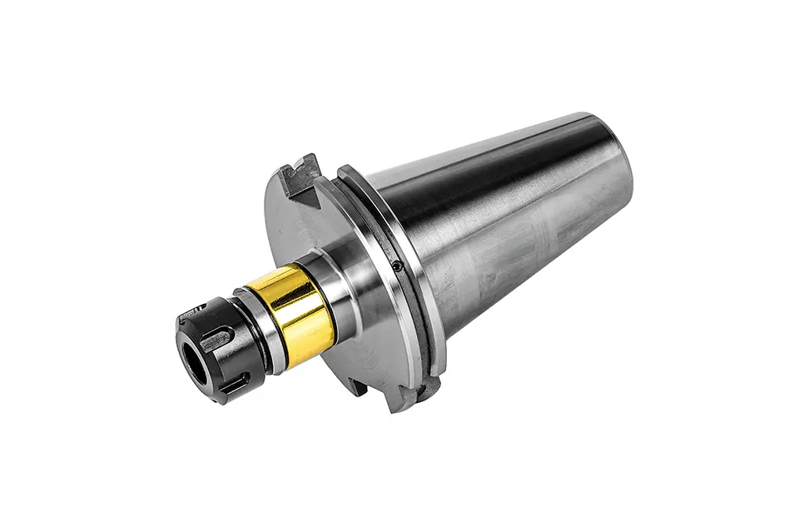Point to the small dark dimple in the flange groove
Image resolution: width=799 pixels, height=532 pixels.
(x=397, y=267)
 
